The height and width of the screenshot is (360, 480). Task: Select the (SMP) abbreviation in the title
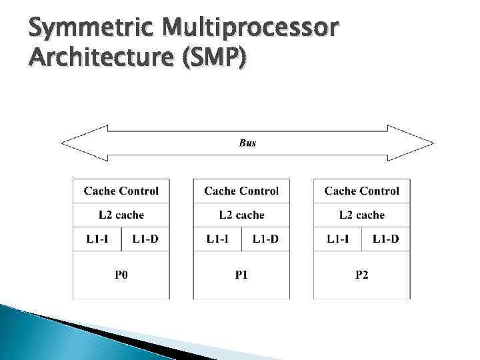(x=214, y=60)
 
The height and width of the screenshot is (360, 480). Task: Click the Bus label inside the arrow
(x=247, y=143)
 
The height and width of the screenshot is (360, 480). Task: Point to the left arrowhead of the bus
(x=70, y=143)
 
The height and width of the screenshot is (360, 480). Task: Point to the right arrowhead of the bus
(x=423, y=143)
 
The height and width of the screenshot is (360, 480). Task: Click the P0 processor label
(x=121, y=275)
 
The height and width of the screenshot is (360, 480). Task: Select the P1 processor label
(x=241, y=275)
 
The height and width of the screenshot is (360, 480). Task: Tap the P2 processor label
(x=361, y=275)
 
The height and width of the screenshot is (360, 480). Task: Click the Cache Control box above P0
(x=121, y=191)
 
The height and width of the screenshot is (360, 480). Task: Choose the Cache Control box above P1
(x=241, y=191)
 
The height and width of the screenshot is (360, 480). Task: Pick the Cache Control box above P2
(x=361, y=191)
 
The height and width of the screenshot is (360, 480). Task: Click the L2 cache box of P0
(x=121, y=215)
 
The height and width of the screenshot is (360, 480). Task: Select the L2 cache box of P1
(x=241, y=215)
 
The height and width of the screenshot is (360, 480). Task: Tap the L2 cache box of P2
(x=361, y=215)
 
